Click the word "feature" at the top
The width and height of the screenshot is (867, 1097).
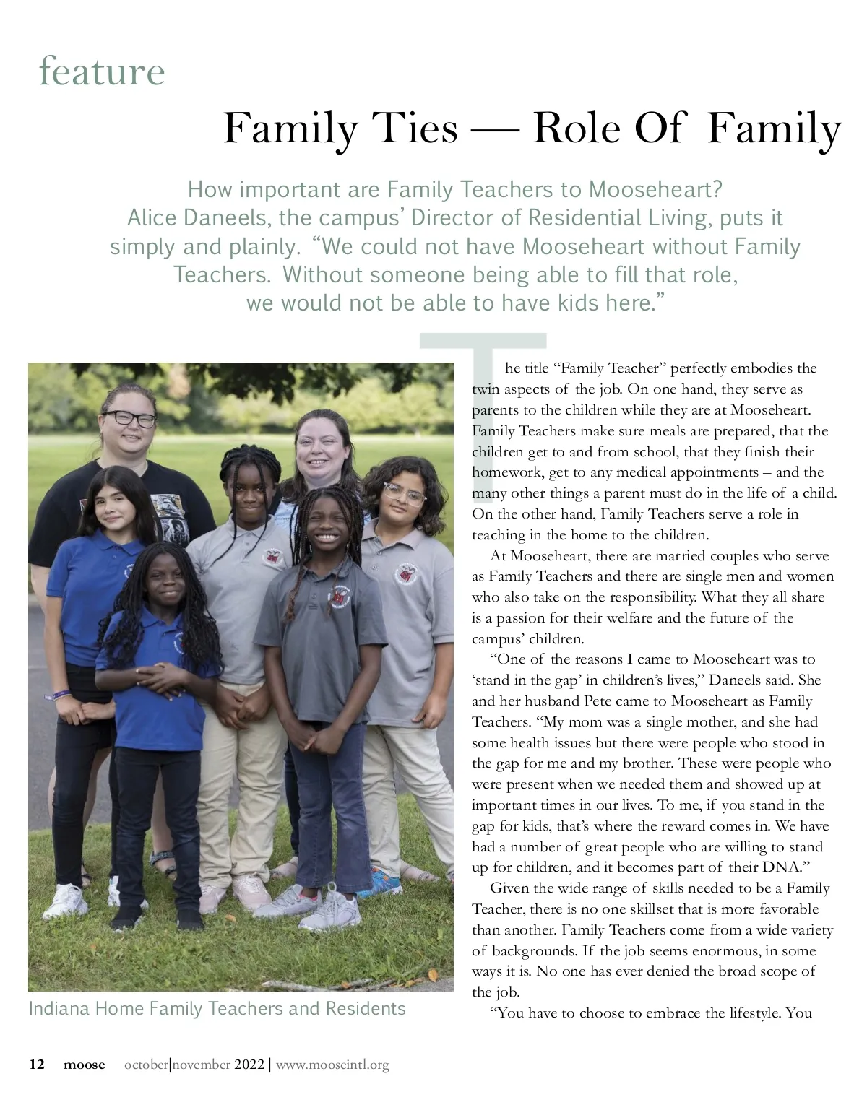[102, 71]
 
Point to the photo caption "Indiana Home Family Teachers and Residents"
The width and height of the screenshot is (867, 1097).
[217, 1008]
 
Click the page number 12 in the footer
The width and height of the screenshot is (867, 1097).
[37, 1065]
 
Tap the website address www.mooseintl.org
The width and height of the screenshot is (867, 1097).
[332, 1065]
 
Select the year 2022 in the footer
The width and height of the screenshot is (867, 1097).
[250, 1065]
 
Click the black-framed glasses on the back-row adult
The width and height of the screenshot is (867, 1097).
[129, 418]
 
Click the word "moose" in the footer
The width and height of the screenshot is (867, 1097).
[84, 1065]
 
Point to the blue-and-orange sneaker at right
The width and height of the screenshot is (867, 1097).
[381, 880]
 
